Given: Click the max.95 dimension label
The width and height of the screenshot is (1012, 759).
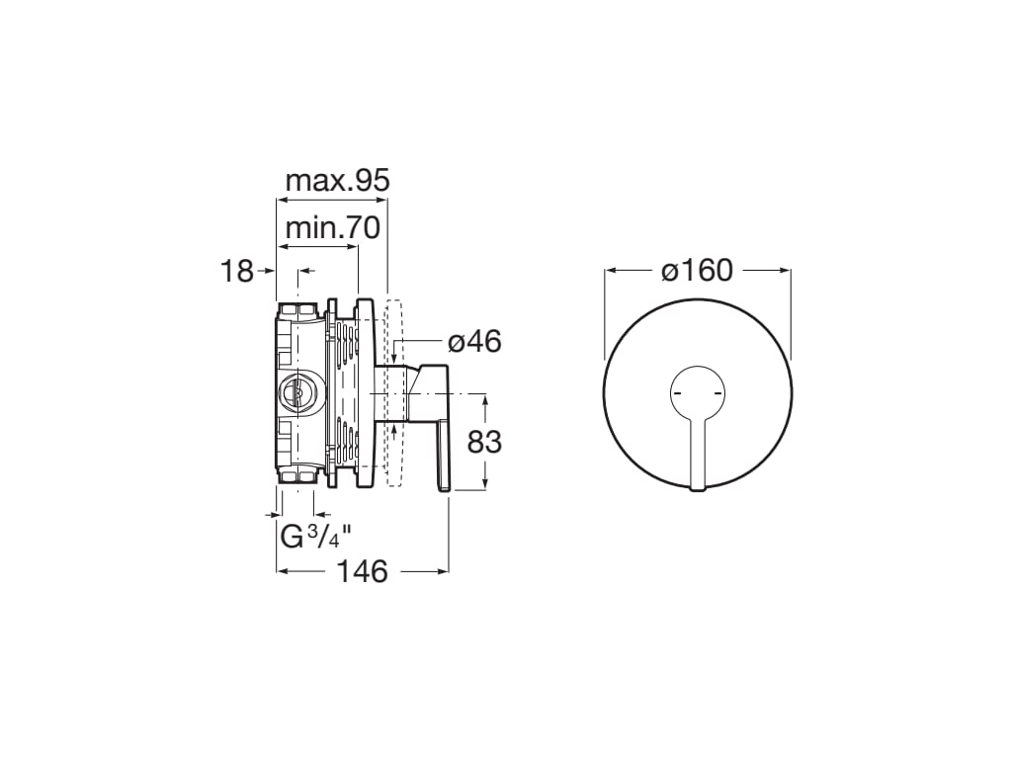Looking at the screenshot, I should [x=337, y=181].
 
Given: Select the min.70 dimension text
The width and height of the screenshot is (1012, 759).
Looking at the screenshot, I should [x=332, y=228].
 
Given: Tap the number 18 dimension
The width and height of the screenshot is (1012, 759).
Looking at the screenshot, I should [x=236, y=271].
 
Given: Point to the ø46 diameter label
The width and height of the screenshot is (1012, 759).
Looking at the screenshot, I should [x=474, y=342].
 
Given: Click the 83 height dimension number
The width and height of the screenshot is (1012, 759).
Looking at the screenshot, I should [x=484, y=442].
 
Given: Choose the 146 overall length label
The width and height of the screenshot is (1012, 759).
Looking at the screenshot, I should [x=362, y=571].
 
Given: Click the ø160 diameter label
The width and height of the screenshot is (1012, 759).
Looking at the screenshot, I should [x=698, y=270].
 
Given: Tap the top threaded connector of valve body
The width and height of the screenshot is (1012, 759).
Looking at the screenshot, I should [x=296, y=310].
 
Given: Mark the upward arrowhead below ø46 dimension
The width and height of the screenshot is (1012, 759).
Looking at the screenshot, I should [x=394, y=429].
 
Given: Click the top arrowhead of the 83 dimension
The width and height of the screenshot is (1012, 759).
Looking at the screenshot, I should [x=485, y=398].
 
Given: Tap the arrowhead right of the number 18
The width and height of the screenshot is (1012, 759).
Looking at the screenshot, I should [x=268, y=270].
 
